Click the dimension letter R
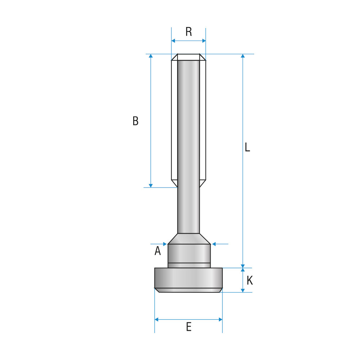(x=189, y=32)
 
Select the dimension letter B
(x=135, y=121)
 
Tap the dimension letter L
(x=247, y=147)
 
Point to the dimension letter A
(x=158, y=251)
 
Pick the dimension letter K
(x=249, y=280)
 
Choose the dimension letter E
(x=189, y=327)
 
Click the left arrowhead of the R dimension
(x=174, y=41)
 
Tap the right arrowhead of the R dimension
(x=204, y=41)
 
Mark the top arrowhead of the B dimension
(x=150, y=56)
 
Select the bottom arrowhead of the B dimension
(x=150, y=185)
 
